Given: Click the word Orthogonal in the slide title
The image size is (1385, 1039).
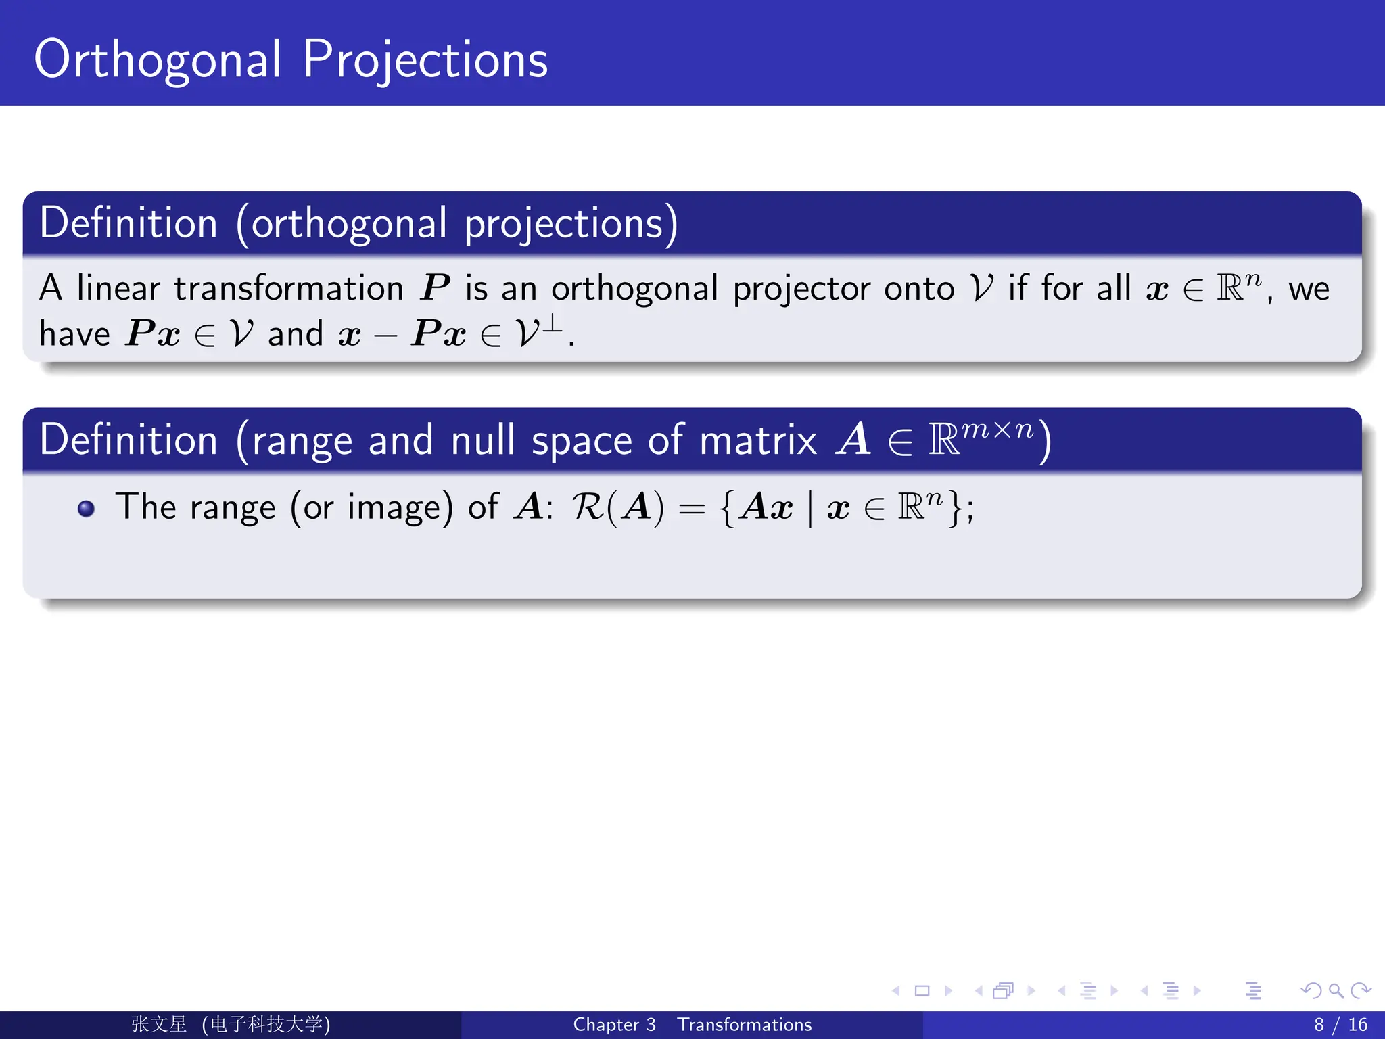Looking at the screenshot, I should click(x=157, y=61).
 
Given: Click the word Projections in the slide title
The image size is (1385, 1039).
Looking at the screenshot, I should click(x=425, y=61).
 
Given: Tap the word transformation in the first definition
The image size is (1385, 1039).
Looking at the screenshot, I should click(x=289, y=289).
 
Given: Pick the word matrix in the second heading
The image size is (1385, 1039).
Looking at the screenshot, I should click(x=757, y=440).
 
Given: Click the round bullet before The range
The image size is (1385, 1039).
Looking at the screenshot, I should click(x=86, y=508).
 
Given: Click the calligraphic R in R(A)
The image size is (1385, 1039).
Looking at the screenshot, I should click(x=587, y=507).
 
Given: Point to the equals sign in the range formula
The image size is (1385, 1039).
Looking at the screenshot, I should click(x=691, y=509).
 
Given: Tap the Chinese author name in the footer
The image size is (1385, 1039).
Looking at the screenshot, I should click(x=159, y=1024).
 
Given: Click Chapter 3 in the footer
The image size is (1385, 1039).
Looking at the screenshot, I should click(x=614, y=1025).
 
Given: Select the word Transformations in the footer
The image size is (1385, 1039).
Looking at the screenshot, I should click(x=744, y=1025).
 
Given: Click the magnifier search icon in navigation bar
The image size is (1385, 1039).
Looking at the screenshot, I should click(x=1336, y=991).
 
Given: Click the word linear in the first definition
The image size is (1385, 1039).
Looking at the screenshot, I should click(x=118, y=289).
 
